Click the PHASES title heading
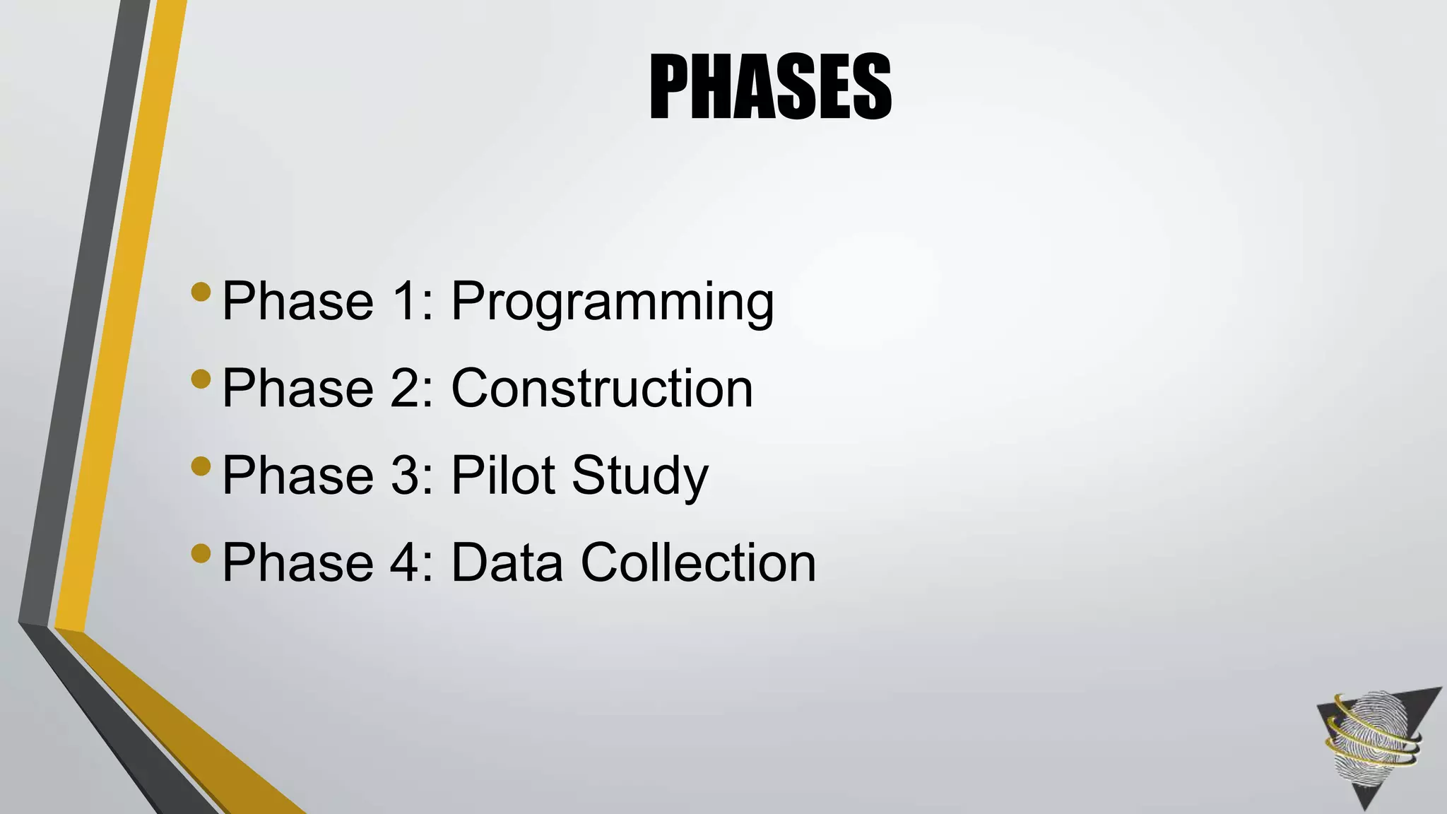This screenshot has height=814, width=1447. click(x=770, y=88)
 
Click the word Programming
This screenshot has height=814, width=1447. click(x=613, y=302)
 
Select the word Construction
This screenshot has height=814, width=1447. click(x=602, y=389)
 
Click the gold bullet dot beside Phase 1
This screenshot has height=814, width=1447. click(x=201, y=292)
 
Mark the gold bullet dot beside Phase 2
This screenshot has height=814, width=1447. click(x=201, y=379)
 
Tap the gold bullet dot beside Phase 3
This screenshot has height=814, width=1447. click(x=201, y=466)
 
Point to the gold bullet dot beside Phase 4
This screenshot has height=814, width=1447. click(x=201, y=553)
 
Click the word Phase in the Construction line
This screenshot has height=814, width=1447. click(x=297, y=389)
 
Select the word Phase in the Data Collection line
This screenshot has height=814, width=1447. click(x=297, y=562)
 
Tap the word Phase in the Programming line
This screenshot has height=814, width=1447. click(x=297, y=301)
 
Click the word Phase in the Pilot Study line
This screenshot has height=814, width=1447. click(x=297, y=476)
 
